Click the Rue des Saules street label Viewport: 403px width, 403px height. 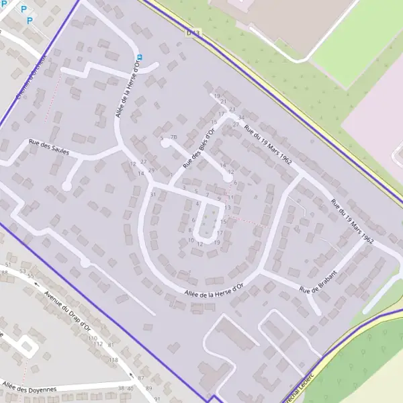[48, 146]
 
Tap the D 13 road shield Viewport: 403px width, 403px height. [193, 32]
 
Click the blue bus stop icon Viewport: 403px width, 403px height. [140, 57]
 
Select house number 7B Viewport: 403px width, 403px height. [173, 137]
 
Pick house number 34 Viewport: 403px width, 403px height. [240, 118]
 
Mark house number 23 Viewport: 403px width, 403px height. [232, 109]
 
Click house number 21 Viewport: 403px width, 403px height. [223, 101]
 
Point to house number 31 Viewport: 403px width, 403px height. [153, 195]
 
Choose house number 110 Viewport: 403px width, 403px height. [92, 338]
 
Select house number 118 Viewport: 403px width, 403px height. [114, 361]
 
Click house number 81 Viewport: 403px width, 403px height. [109, 345]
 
